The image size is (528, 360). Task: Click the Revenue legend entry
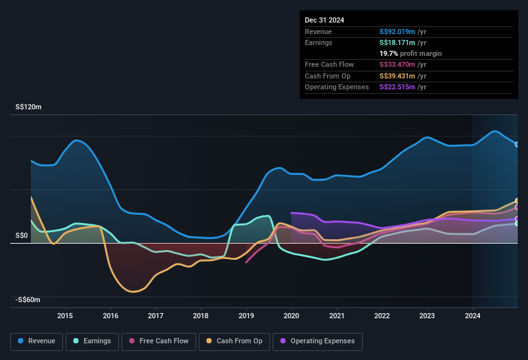(x=37, y=341)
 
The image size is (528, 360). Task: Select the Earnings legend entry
(x=92, y=341)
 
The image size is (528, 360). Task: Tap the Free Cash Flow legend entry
(x=158, y=341)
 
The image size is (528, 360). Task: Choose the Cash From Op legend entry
(x=235, y=341)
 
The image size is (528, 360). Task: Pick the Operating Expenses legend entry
(x=318, y=341)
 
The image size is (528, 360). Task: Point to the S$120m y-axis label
(x=28, y=107)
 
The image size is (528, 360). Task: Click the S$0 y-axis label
(x=23, y=236)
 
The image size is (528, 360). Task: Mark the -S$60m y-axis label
(x=28, y=300)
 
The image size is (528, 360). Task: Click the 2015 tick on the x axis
(x=65, y=316)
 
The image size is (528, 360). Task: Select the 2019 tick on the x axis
(x=246, y=316)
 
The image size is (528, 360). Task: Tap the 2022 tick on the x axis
(x=382, y=316)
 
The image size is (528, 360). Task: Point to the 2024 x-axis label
(x=473, y=316)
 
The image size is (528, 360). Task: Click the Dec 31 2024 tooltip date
(x=324, y=20)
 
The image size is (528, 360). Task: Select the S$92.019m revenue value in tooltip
(x=397, y=32)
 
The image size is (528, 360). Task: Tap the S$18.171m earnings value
(x=397, y=42)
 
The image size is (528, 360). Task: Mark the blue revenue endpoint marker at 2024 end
(x=517, y=144)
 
